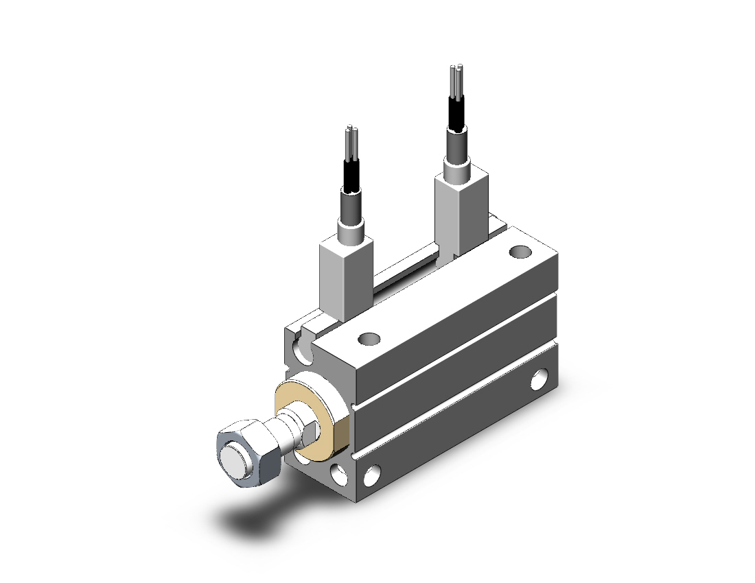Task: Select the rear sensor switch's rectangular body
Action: click(x=461, y=209)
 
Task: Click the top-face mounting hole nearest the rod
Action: click(x=369, y=338)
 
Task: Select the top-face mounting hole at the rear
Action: click(x=520, y=252)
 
